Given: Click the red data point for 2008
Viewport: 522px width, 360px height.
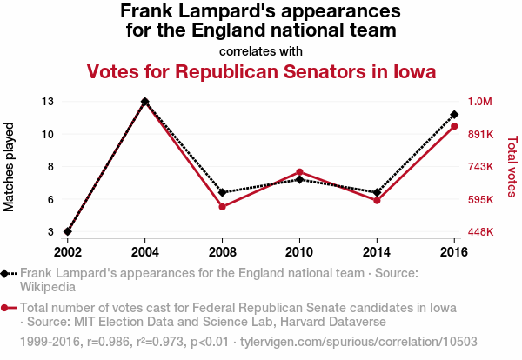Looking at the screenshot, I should [x=223, y=207].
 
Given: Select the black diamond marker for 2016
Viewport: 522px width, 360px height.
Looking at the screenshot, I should [x=454, y=115].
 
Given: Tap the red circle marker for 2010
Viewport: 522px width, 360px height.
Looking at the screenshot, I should [x=299, y=172].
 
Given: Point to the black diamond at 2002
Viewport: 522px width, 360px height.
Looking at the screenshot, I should [x=68, y=232].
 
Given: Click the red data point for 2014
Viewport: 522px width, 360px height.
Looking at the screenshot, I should [x=377, y=201].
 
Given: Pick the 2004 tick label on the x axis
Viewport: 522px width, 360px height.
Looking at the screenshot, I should [x=144, y=251].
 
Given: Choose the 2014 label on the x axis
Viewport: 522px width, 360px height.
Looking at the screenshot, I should [x=377, y=251].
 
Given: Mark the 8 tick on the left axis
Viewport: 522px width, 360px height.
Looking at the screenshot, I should [x=51, y=167].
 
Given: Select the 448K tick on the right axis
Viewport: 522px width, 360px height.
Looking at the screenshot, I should [x=481, y=232].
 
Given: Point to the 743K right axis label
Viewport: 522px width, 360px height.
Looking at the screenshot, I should [x=481, y=167].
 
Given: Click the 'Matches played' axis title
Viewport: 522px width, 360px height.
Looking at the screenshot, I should [x=10, y=167].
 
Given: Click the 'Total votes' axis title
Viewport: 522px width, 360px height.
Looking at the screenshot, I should [x=512, y=167].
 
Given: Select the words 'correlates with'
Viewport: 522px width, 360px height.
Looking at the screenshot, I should [x=261, y=50].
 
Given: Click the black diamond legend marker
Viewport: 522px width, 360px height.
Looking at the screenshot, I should [x=7, y=273].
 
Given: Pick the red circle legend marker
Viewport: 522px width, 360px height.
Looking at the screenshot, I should [x=7, y=308].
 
